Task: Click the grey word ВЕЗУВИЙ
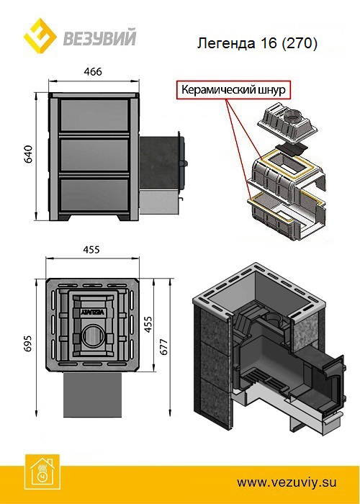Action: (99, 37)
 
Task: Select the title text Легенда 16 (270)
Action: (257, 43)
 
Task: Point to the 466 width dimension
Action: (94, 72)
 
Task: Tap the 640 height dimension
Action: (29, 154)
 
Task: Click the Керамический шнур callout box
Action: (233, 90)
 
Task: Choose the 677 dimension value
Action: (163, 347)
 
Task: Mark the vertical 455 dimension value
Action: (148, 325)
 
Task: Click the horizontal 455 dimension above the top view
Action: (91, 250)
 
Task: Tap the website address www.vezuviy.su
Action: (287, 482)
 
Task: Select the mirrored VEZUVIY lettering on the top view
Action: (93, 312)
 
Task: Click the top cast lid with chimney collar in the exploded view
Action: (288, 122)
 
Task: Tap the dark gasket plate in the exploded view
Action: (291, 148)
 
